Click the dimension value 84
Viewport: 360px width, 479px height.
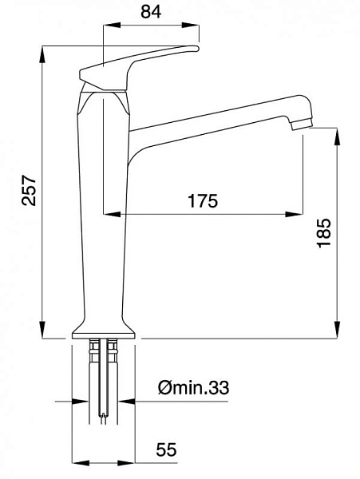point(151,12)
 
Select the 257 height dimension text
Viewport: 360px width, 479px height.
point(30,190)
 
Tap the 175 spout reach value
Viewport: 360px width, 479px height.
point(203,200)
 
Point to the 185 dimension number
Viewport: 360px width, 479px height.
point(323,233)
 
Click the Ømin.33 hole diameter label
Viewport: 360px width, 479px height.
point(194,388)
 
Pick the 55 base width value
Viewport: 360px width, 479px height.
point(166,449)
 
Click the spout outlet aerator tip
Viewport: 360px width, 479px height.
point(302,125)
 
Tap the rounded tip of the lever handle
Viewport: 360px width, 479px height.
point(196,48)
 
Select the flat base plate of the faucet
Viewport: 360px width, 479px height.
point(104,335)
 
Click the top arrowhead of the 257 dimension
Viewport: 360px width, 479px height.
point(42,55)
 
